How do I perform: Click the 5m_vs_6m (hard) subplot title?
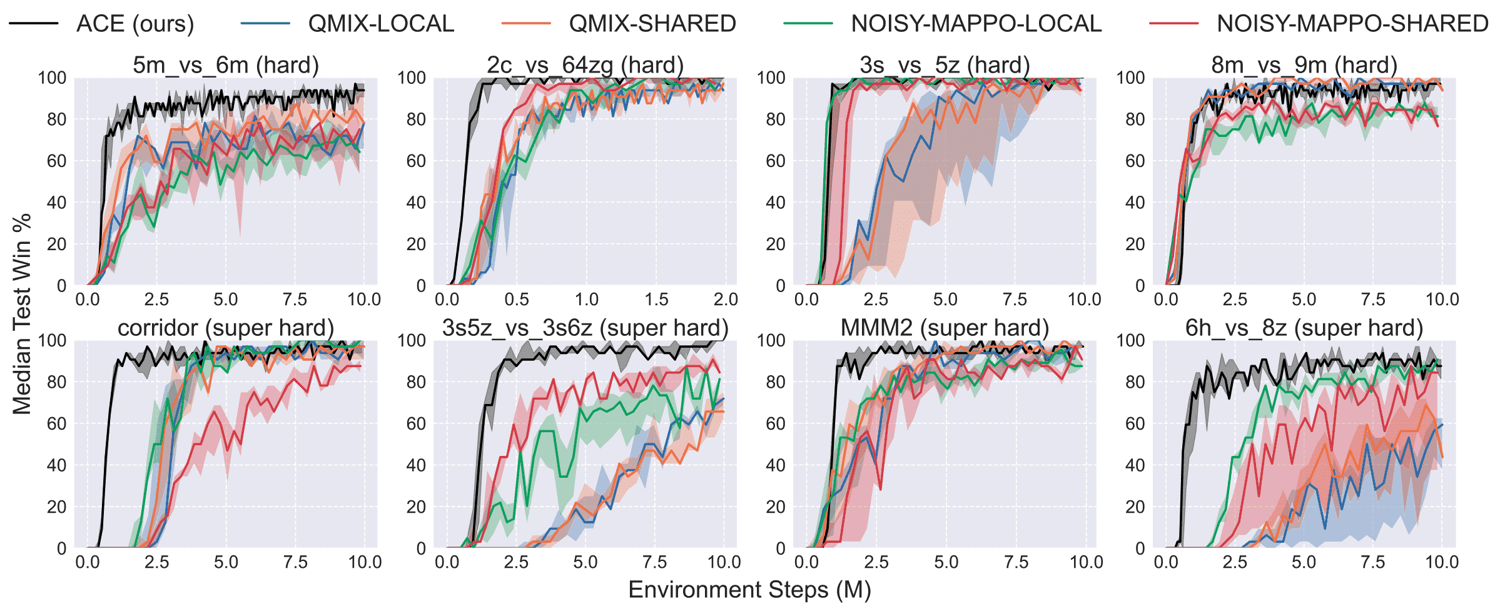(226, 65)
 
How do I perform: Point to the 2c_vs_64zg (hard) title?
(585, 65)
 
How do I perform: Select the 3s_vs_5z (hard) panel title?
(945, 65)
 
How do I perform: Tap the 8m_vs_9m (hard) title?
(1304, 65)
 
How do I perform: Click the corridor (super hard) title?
(226, 328)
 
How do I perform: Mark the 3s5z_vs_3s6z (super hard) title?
(585, 328)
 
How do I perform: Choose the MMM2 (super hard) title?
(945, 328)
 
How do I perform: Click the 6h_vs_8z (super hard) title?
(1304, 328)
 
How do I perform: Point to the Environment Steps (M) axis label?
(749, 590)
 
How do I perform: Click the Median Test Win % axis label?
(22, 314)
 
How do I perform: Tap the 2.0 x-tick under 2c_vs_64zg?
(726, 299)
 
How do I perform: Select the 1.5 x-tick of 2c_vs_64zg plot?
(656, 299)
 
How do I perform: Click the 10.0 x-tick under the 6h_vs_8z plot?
(1442, 562)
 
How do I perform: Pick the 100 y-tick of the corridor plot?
(52, 340)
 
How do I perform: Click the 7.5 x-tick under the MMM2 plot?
(1016, 562)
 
